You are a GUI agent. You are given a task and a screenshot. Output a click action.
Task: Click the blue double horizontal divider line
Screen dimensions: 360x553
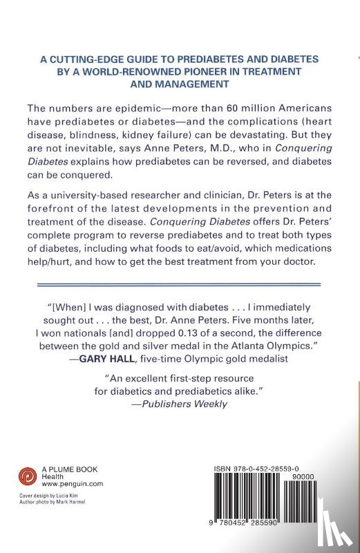[x=179, y=284]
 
